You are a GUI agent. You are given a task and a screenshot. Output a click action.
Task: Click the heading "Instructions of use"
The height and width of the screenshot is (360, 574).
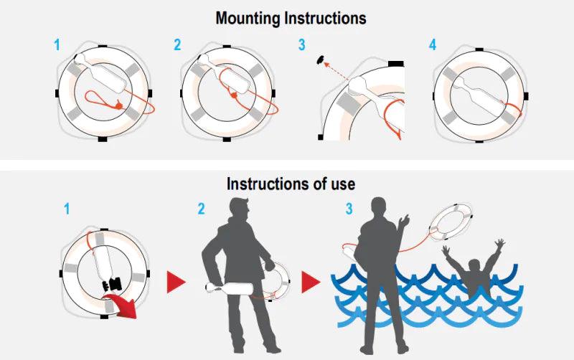click(291, 184)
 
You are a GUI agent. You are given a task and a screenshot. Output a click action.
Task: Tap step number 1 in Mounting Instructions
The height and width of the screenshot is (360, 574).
click(57, 44)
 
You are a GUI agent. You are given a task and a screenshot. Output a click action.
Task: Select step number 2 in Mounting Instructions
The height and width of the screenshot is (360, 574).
click(177, 44)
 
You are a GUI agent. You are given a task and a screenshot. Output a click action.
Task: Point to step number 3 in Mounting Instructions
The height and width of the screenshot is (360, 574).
click(301, 44)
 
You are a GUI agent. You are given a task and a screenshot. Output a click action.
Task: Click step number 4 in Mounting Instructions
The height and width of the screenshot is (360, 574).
click(432, 44)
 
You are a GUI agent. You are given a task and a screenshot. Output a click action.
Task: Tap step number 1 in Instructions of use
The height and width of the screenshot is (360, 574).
click(67, 209)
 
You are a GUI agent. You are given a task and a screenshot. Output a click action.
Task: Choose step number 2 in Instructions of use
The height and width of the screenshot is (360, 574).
click(202, 209)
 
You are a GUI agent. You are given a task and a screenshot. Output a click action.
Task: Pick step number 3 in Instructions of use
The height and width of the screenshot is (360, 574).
click(349, 209)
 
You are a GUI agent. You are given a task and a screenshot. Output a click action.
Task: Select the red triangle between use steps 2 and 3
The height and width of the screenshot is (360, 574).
click(311, 283)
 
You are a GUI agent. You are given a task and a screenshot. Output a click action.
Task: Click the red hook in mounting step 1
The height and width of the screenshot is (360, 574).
click(117, 105)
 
